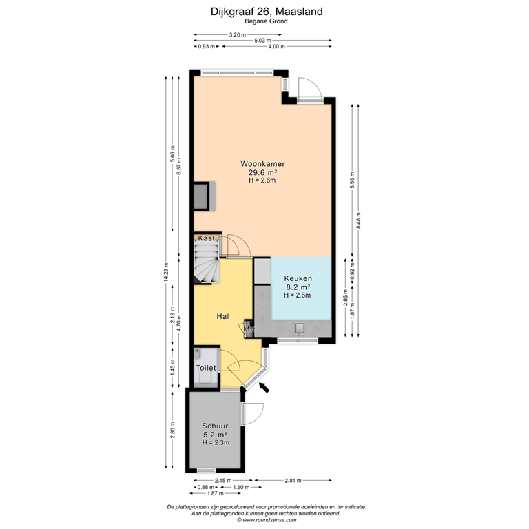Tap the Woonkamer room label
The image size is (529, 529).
[262, 164]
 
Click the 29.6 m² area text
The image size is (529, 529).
[262, 172]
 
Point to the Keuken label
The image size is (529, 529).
[298, 279]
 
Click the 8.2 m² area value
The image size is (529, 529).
[298, 287]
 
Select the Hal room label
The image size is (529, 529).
[222, 317]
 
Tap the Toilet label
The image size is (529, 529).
[206, 368]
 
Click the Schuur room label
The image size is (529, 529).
[214, 426]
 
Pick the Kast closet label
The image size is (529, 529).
[207, 238]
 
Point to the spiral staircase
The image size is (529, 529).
[206, 265]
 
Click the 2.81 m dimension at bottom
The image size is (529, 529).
[293, 480]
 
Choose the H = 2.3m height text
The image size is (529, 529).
[214, 442]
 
